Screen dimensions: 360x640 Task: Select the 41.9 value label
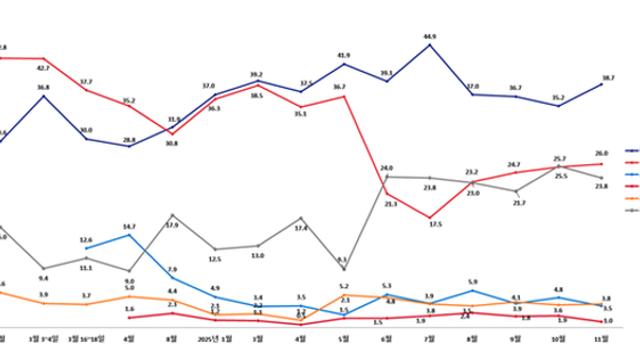343,55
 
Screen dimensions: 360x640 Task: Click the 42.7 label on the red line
43,68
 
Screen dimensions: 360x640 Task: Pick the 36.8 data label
43,87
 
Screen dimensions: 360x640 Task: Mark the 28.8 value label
129,140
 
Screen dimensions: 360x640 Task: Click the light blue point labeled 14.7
129,235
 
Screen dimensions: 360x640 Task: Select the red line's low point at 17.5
430,217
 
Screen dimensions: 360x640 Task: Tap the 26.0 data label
603,153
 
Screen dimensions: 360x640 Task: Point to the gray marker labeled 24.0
387,177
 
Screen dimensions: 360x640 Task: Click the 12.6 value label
86,240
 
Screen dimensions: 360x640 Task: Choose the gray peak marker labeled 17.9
172,215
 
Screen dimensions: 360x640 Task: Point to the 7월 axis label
430,341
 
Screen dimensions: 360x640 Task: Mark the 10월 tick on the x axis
560,341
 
